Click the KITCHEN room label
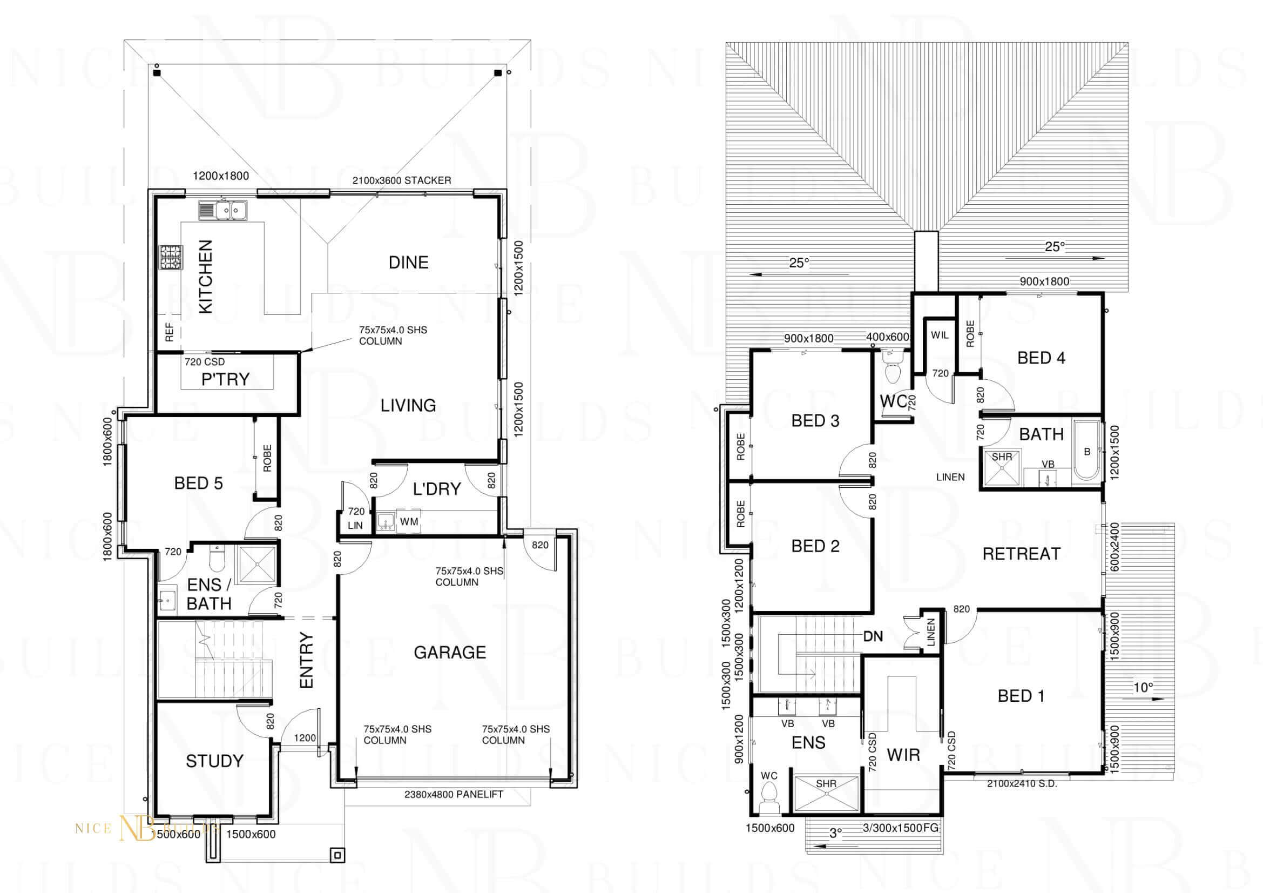pos(205,277)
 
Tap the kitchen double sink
pos(224,210)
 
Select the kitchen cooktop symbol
pos(171,258)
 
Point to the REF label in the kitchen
pos(170,332)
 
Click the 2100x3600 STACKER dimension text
pos(402,180)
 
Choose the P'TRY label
pos(226,379)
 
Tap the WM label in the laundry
pos(409,522)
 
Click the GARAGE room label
pos(450,653)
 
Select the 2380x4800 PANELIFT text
pos(454,795)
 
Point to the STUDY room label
pos(214,762)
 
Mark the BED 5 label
pos(199,484)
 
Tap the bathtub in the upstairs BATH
pos(1086,452)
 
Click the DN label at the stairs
pos(873,636)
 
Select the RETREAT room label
pos(1022,554)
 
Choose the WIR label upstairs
pos(903,755)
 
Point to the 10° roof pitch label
pos(1143,687)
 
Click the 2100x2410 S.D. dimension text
pos(1022,783)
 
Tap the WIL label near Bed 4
pos(940,335)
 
